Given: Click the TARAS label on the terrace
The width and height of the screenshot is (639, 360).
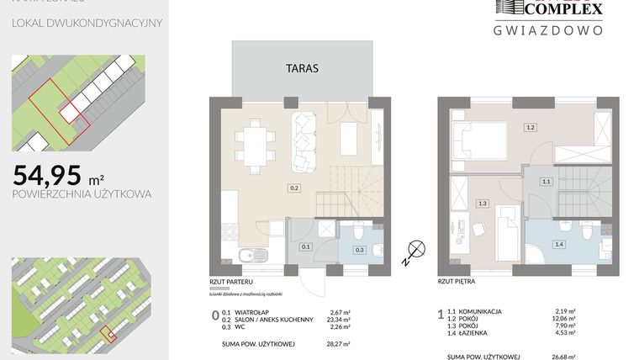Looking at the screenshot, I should [x=302, y=69].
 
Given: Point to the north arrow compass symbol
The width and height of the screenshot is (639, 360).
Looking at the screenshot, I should [x=412, y=249].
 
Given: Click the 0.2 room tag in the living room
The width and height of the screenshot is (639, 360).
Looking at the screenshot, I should [x=294, y=188].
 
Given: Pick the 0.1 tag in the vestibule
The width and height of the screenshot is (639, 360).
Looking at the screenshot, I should [x=306, y=246].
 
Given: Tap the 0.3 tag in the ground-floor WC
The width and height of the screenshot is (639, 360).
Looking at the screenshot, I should [x=360, y=250].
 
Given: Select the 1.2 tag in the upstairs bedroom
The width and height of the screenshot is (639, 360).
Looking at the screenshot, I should [x=530, y=128].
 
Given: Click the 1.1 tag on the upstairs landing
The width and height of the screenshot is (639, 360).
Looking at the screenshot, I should [x=546, y=181].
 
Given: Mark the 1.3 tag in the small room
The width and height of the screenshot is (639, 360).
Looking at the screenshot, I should [x=482, y=203].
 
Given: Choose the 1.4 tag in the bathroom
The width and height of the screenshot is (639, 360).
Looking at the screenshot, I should [x=558, y=244].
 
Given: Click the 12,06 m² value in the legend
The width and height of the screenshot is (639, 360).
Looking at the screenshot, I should [x=566, y=320].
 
